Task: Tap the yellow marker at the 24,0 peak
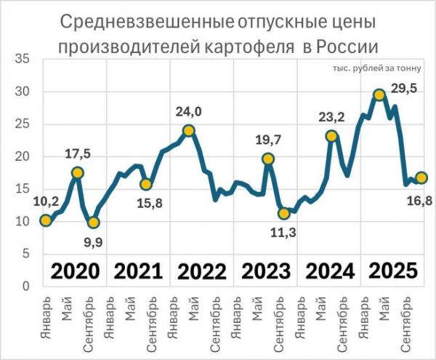coord(189,131)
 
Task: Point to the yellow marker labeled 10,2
coord(46,220)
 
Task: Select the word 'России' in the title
coord(347,48)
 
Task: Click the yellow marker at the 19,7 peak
coord(268,159)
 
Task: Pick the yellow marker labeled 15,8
coord(145,184)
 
